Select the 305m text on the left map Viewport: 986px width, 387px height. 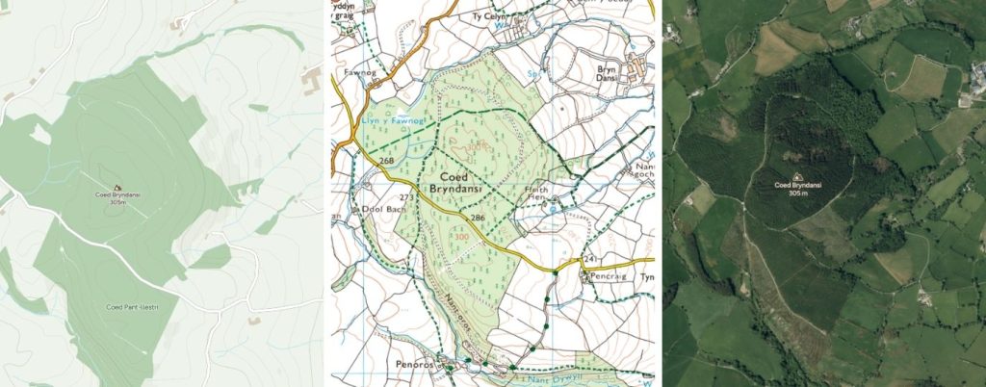point(117,203)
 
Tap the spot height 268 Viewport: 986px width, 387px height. point(388,160)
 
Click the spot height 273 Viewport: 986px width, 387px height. point(405,197)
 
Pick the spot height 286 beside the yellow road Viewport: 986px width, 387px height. point(477,218)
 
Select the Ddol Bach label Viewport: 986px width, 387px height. point(372,210)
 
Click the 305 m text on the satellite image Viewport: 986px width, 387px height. point(797,193)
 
